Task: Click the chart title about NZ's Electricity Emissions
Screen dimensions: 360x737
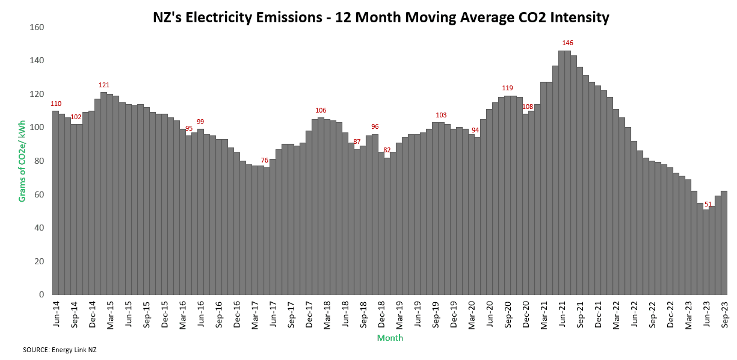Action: pyautogui.click(x=381, y=18)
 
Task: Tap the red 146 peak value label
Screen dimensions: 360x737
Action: pyautogui.click(x=568, y=43)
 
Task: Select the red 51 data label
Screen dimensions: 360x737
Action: pyautogui.click(x=708, y=205)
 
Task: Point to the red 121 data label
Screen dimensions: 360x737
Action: pyautogui.click(x=104, y=85)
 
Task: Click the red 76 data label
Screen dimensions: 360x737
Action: pyautogui.click(x=265, y=160)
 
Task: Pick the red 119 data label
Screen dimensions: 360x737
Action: pyautogui.click(x=507, y=88)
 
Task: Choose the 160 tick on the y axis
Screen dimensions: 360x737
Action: pyautogui.click(x=37, y=27)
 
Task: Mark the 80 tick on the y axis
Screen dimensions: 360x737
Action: pyautogui.click(x=39, y=161)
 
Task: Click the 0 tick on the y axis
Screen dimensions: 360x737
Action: pyautogui.click(x=42, y=294)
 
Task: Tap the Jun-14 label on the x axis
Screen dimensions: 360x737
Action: pyautogui.click(x=56, y=313)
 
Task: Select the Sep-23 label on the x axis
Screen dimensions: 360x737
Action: pyautogui.click(x=724, y=313)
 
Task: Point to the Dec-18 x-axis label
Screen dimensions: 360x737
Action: pyautogui.click(x=381, y=313)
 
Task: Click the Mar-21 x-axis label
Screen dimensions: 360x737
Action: pyautogui.click(x=544, y=313)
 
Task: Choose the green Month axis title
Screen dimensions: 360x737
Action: pyautogui.click(x=390, y=338)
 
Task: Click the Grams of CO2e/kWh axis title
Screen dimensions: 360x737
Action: pyautogui.click(x=22, y=161)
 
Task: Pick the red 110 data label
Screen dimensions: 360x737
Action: pyautogui.click(x=56, y=104)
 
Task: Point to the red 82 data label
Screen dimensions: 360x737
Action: pyautogui.click(x=387, y=150)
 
